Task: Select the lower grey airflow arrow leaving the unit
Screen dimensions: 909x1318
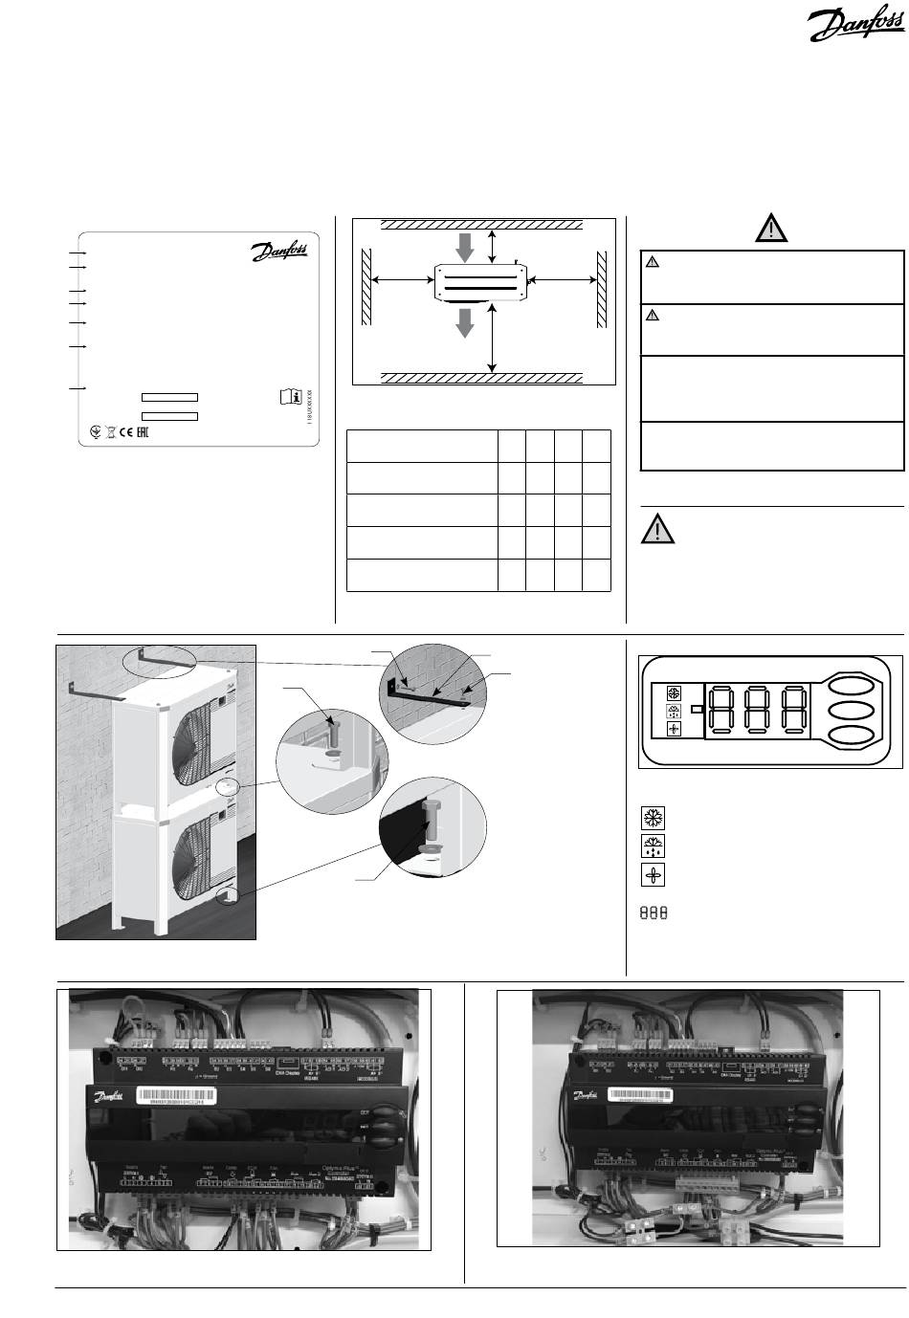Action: pos(465,322)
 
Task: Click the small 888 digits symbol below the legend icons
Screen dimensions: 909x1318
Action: pos(653,913)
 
